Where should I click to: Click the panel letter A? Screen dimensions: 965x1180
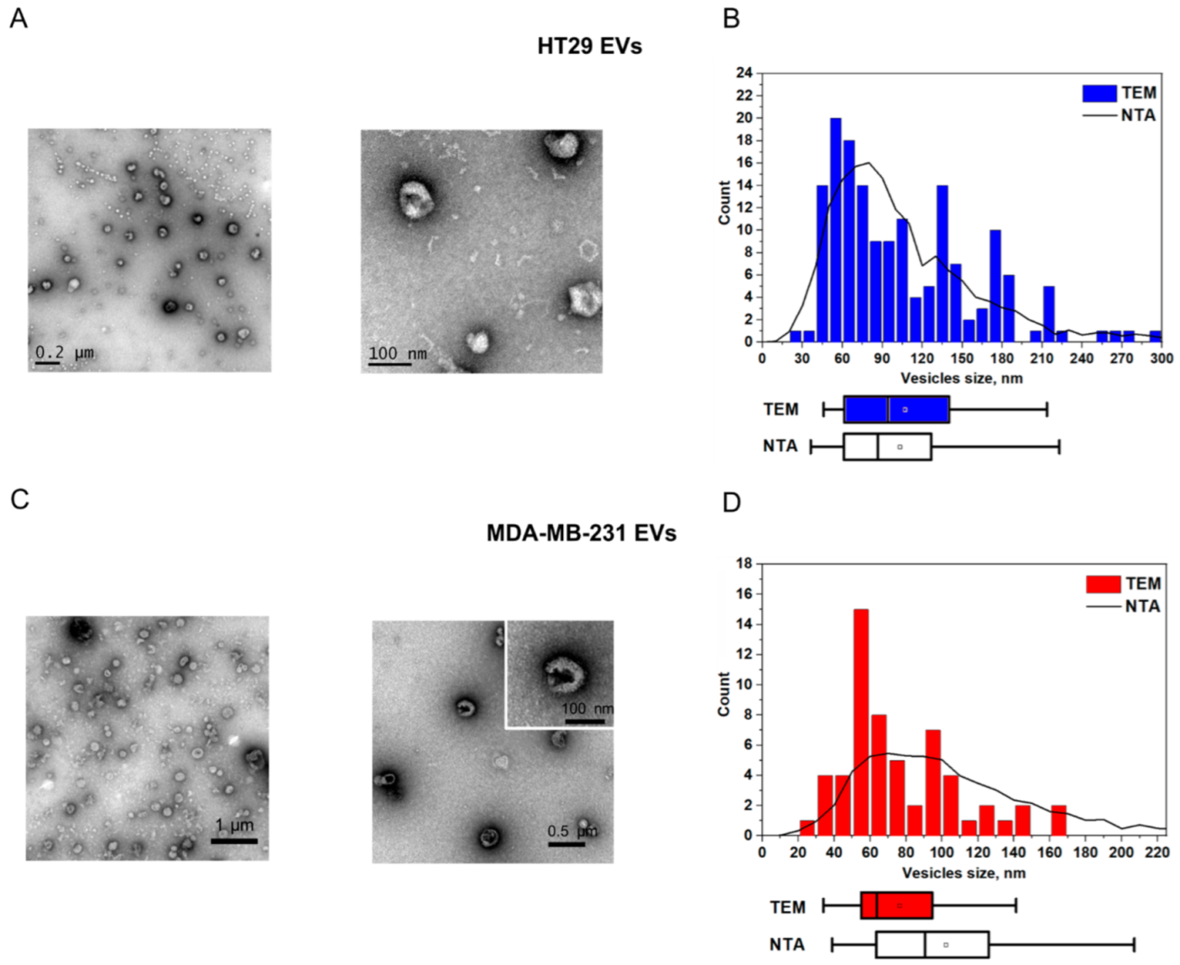click(18, 18)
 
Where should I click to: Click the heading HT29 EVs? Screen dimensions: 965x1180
click(589, 46)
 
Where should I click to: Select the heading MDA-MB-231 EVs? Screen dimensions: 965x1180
click(581, 533)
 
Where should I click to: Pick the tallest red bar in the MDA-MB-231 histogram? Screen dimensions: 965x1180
click(860, 722)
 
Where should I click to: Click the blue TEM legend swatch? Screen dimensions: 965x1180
click(1099, 93)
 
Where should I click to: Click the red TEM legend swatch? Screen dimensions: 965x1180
click(1103, 584)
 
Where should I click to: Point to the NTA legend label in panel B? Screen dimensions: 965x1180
click(1138, 115)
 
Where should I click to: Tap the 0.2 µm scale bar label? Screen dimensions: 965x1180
click(64, 352)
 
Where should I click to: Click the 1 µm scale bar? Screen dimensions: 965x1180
click(234, 840)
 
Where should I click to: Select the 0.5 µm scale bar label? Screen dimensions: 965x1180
click(572, 831)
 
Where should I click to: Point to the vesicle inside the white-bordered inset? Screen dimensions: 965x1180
click(562, 672)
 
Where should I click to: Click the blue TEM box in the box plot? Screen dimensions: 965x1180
click(896, 409)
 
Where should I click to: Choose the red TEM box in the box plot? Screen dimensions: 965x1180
click(896, 905)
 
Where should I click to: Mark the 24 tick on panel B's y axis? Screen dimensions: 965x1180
click(744, 73)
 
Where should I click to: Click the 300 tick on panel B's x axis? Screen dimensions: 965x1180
click(1162, 358)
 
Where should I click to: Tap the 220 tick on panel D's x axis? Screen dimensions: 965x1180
click(1157, 853)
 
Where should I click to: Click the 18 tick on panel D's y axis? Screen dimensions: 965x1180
click(744, 563)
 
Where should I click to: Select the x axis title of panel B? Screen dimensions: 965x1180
click(961, 378)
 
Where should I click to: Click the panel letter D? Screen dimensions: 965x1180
click(732, 502)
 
